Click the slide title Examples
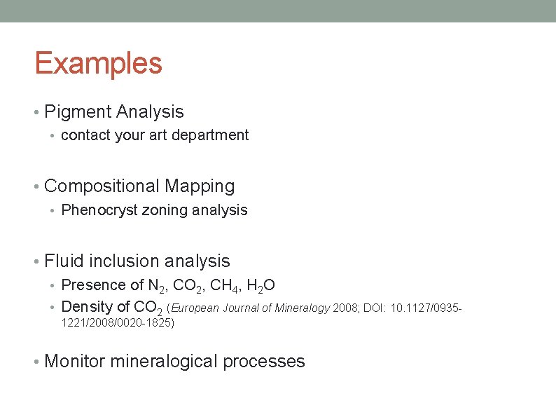tap(98, 63)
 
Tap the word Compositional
tap(102, 186)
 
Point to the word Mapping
tap(200, 186)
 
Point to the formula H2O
tap(261, 286)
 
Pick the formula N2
tap(157, 286)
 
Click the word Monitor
tap(74, 362)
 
